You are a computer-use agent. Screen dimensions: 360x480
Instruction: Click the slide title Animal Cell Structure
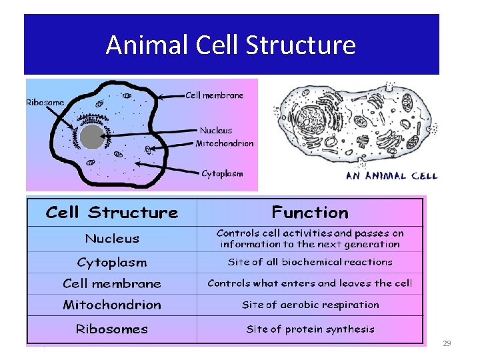pos(231,45)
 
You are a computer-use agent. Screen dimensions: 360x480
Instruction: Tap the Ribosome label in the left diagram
pos(45,103)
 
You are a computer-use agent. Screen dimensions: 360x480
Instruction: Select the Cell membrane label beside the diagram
pos(215,95)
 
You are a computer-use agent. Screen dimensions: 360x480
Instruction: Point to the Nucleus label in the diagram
pos(216,131)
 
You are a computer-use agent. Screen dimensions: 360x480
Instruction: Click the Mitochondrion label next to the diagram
pos(225,143)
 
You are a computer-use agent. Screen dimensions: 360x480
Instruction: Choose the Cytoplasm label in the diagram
pos(222,173)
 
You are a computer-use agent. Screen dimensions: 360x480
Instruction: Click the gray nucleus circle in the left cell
pos(92,138)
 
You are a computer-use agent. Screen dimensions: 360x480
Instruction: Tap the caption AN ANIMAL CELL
pos(391,176)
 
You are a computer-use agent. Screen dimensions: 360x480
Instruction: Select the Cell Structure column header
pos(112,213)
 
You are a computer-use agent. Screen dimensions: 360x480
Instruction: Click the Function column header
pos(310,213)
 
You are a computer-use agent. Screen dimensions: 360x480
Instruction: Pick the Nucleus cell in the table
pos(112,239)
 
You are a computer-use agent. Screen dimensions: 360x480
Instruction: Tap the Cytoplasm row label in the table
pos(112,262)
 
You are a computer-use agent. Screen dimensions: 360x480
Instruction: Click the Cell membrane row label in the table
pos(112,283)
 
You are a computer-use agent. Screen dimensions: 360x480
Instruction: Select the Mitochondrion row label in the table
pos(112,305)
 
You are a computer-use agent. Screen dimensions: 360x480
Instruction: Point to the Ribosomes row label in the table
pos(112,329)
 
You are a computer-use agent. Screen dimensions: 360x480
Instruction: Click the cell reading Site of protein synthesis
pos(310,329)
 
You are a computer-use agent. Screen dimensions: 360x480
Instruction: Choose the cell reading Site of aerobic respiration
pos(310,305)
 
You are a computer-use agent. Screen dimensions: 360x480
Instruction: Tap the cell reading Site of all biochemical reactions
pos(310,262)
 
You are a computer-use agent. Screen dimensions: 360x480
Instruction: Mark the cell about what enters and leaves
pos(310,283)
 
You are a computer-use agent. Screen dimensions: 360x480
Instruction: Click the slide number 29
pos(447,343)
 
